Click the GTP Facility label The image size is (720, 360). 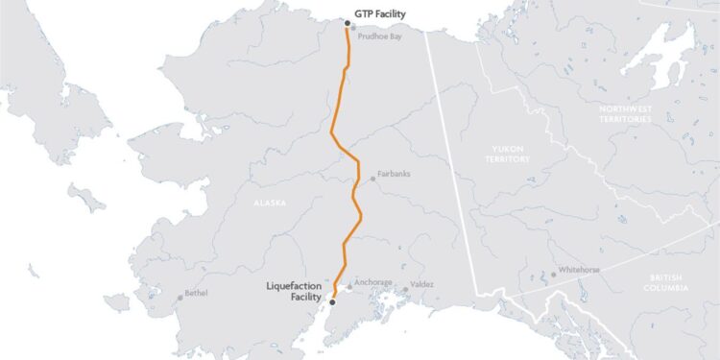tap(382, 15)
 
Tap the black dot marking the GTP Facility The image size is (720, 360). tap(347, 21)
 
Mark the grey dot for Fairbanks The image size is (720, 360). tap(373, 179)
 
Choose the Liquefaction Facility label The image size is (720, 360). tap(296, 291)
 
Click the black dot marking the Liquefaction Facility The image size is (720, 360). tap(332, 301)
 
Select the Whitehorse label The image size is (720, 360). tap(579, 270)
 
